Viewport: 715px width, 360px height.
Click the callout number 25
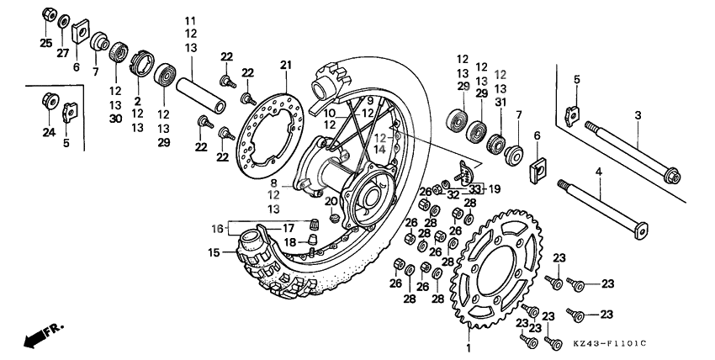pos(45,43)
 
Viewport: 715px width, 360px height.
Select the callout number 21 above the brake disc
pos(285,66)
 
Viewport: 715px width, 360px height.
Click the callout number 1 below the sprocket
pos(469,347)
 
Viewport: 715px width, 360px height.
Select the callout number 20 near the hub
pos(331,202)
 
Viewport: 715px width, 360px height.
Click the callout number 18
pos(290,241)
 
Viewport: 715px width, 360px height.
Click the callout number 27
pos(62,53)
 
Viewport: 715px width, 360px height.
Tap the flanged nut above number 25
pos(49,14)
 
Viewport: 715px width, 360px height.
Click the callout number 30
pos(114,118)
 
